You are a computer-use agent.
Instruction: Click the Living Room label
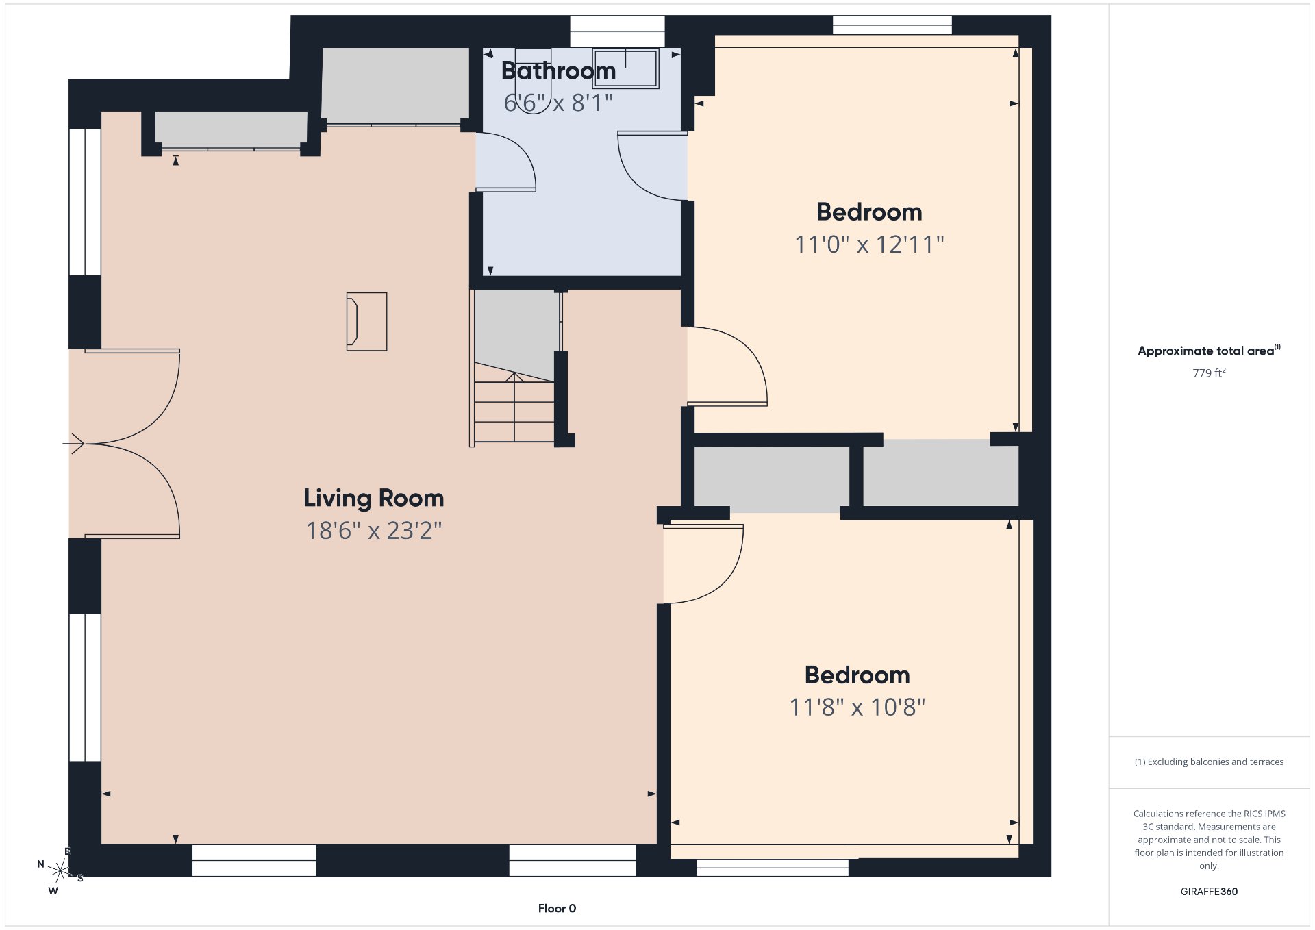pyautogui.click(x=374, y=498)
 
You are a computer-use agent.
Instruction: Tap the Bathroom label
pyautogui.click(x=558, y=71)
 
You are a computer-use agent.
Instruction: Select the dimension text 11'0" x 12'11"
pyautogui.click(x=869, y=244)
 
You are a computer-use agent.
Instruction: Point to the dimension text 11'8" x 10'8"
pyautogui.click(x=857, y=707)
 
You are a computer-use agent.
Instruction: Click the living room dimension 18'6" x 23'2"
pyautogui.click(x=374, y=531)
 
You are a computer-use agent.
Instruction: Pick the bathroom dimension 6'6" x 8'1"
pyautogui.click(x=558, y=103)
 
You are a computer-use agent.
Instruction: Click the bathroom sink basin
pyautogui.click(x=625, y=68)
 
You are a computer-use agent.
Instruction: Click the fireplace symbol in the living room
pyautogui.click(x=366, y=322)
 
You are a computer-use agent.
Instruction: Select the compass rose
pyautogui.click(x=60, y=870)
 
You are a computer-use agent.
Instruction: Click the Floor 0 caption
pyautogui.click(x=557, y=909)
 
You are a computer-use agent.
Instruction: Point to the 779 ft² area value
pyautogui.click(x=1209, y=373)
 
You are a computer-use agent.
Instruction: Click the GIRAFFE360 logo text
pyautogui.click(x=1209, y=892)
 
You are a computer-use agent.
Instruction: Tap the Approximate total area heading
pyautogui.click(x=1209, y=351)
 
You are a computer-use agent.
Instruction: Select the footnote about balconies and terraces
pyautogui.click(x=1209, y=762)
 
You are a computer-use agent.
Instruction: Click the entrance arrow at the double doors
pyautogui.click(x=73, y=444)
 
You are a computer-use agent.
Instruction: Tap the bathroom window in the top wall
pyautogui.click(x=617, y=32)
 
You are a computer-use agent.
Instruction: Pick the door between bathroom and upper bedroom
pyautogui.click(x=653, y=166)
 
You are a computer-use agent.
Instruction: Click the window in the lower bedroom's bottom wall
pyautogui.click(x=773, y=868)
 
